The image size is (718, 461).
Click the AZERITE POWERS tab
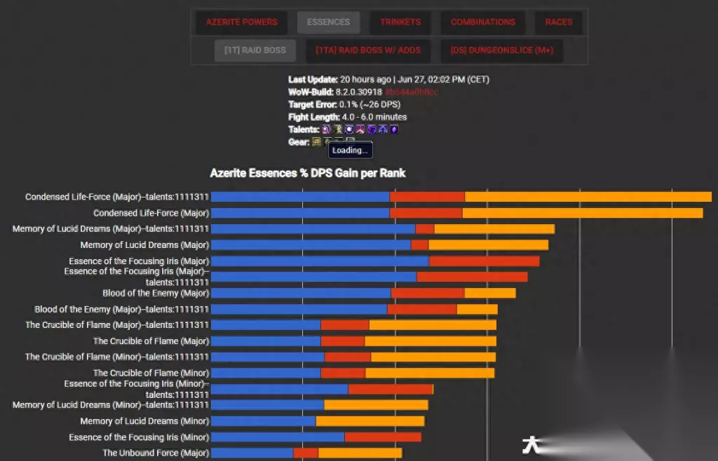click(241, 22)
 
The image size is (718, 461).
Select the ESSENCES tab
click(328, 22)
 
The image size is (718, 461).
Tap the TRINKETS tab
click(400, 22)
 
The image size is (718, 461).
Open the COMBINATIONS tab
click(482, 22)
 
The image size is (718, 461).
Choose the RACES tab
click(558, 22)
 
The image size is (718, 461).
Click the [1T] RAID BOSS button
click(255, 50)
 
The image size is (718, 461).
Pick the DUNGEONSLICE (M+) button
click(502, 50)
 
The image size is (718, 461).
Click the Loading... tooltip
click(350, 150)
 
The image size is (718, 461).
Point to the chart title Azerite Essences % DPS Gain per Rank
click(308, 173)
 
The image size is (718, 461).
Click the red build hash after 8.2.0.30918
click(412, 92)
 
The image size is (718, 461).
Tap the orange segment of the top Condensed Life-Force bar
click(588, 197)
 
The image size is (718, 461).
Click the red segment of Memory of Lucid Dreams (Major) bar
click(419, 245)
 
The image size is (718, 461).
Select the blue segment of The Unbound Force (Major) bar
click(252, 453)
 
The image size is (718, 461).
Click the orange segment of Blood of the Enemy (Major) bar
click(489, 293)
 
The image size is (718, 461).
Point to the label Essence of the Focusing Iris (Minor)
click(139, 437)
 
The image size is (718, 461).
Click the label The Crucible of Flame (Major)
click(151, 341)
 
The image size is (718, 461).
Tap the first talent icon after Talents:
click(326, 130)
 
